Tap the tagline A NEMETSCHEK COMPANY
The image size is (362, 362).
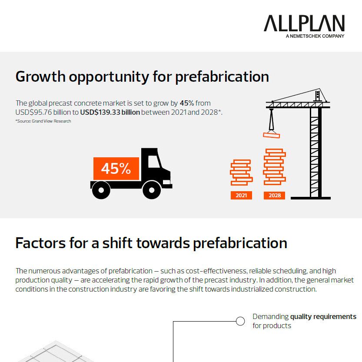coord(315,36)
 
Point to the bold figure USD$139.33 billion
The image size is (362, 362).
coord(110,113)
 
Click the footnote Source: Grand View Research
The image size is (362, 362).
coord(43,121)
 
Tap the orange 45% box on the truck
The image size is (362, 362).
coord(116,169)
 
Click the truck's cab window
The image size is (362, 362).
coord(153,162)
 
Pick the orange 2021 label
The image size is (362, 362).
coord(241,196)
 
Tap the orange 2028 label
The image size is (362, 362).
coord(275,196)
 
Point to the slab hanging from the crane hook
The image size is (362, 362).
coord(272,135)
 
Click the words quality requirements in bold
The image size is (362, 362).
coord(323,316)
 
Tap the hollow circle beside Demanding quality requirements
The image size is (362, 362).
coord(240,321)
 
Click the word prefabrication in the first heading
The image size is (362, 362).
coord(222,76)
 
